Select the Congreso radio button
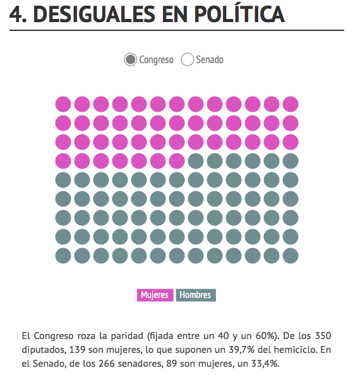(x=130, y=59)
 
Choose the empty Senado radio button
(x=188, y=59)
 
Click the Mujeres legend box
(x=155, y=295)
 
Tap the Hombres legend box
(x=196, y=295)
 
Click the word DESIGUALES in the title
(x=94, y=15)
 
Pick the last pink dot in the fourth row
(x=177, y=161)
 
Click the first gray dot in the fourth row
(x=196, y=161)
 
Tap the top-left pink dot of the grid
(x=63, y=104)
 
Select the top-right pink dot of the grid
(x=291, y=104)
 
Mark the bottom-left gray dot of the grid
(x=63, y=256)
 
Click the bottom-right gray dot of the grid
(x=291, y=256)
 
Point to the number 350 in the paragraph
(x=323, y=336)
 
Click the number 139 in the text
(x=77, y=350)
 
